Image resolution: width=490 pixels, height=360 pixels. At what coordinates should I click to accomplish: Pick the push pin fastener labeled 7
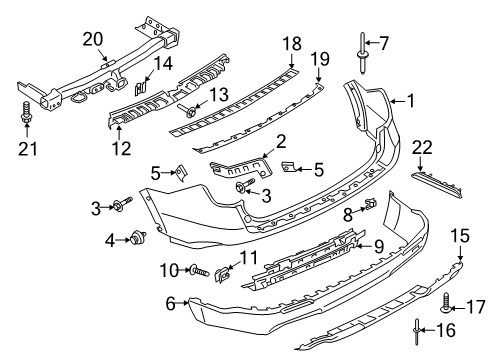[359, 49]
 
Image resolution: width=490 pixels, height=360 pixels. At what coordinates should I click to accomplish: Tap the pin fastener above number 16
[414, 327]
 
